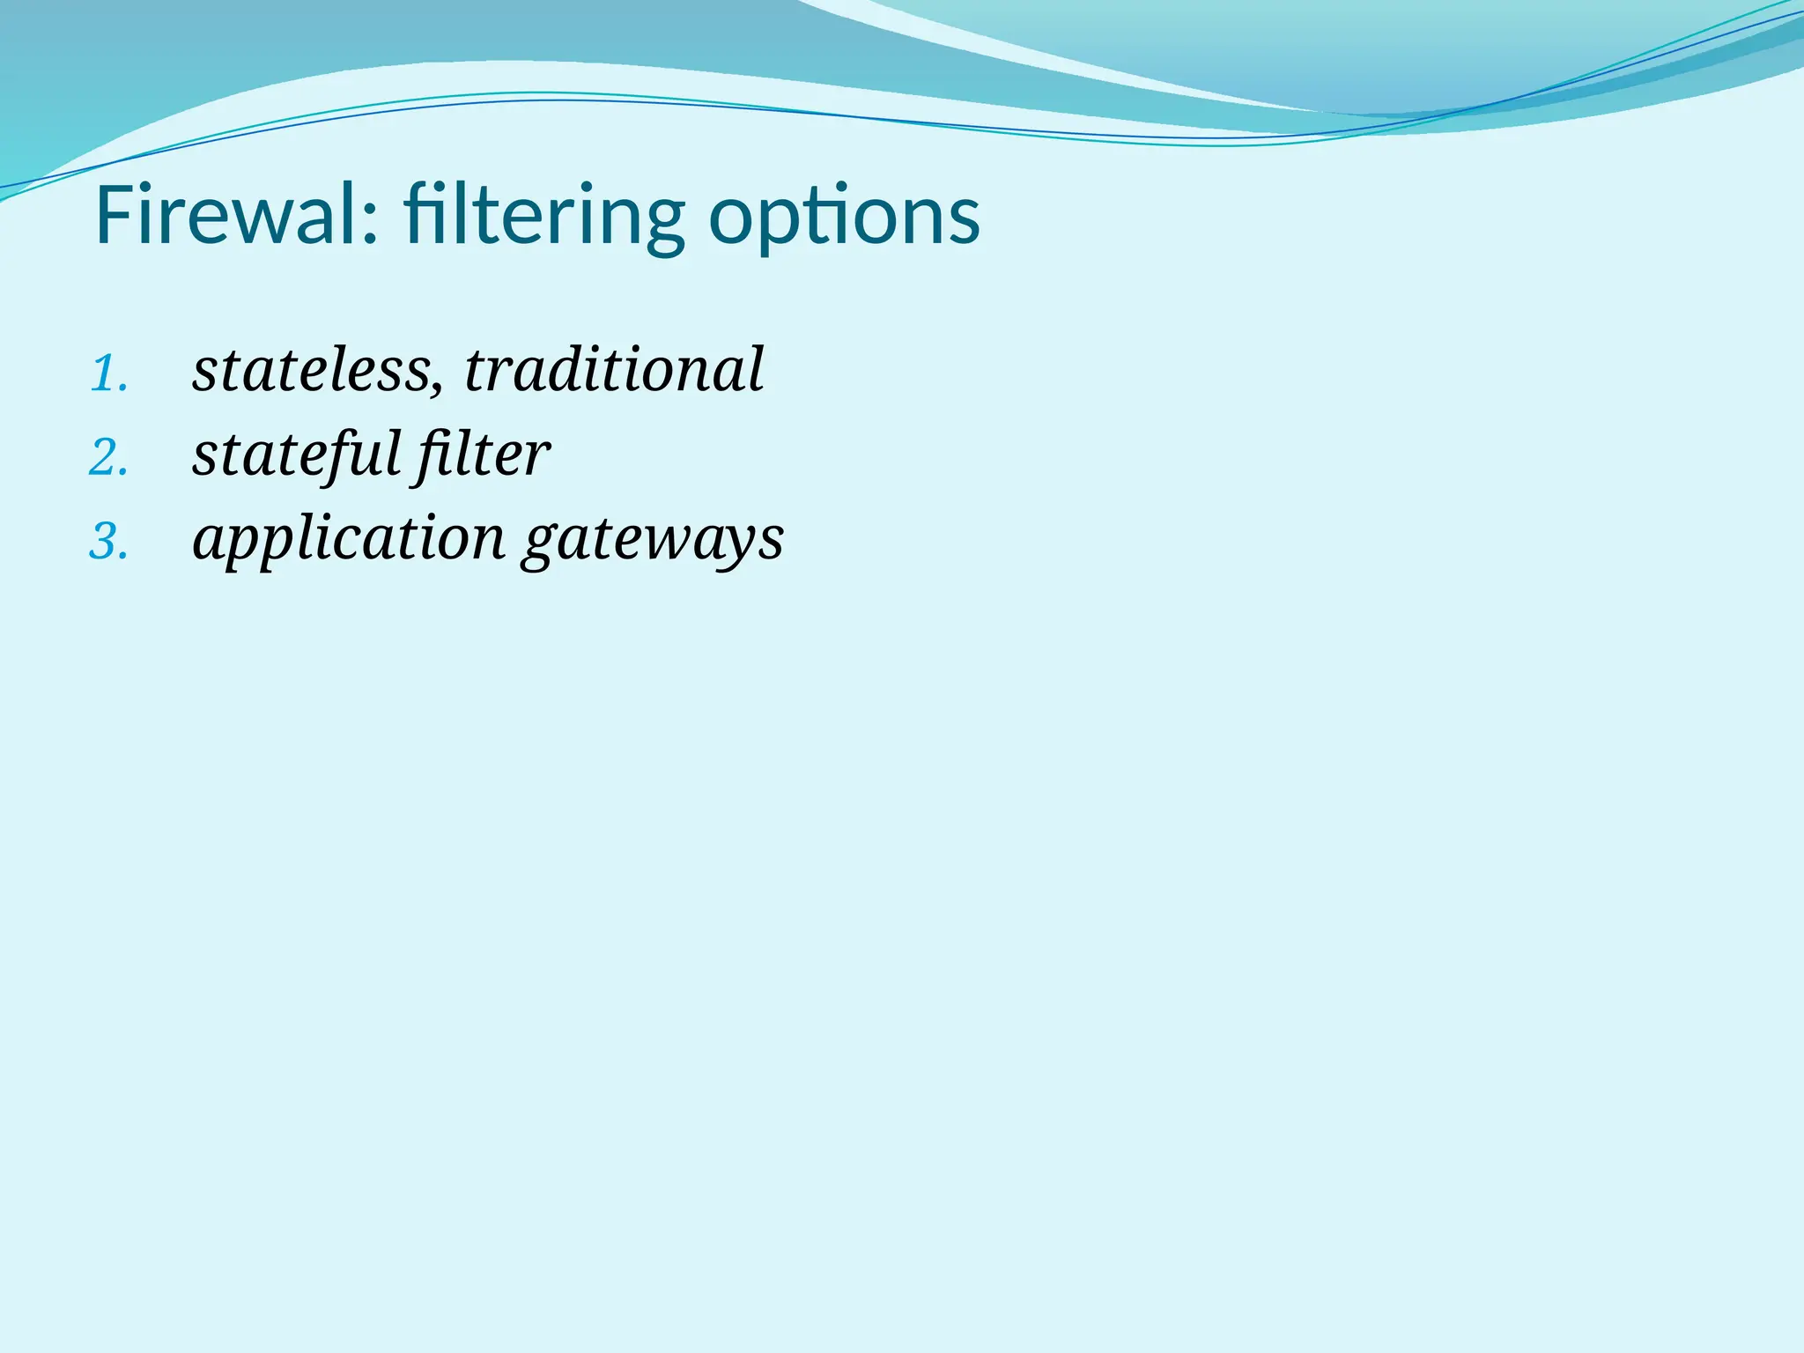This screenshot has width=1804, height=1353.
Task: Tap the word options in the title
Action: pos(844,215)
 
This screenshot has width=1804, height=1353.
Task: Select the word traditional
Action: pos(614,370)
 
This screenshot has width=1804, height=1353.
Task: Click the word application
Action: pos(349,539)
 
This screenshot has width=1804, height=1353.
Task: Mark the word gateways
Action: pos(652,539)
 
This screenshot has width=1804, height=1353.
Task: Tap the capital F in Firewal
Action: pos(114,215)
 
